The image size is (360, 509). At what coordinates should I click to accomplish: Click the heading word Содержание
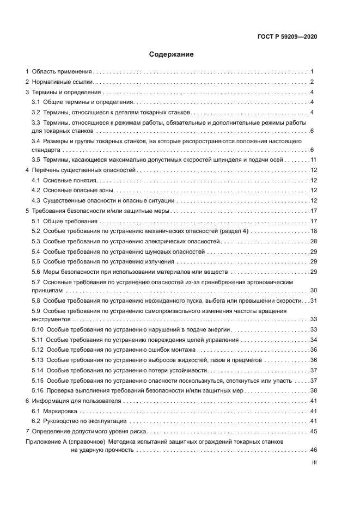point(172,54)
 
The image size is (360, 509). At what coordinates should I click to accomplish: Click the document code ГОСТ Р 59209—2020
point(287,36)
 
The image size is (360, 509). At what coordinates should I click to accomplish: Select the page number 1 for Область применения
point(312,71)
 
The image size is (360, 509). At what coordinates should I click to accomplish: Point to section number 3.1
point(36,102)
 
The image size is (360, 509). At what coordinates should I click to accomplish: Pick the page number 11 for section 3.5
point(313,160)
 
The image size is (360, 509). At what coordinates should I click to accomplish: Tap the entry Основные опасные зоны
point(79,191)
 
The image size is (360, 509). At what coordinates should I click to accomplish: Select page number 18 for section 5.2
point(313,231)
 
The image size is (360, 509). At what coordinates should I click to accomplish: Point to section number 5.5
point(36,262)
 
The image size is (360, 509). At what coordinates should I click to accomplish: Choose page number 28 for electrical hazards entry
point(313,241)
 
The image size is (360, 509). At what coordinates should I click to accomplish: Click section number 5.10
point(38,329)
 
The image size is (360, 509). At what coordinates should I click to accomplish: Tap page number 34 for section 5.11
point(313,340)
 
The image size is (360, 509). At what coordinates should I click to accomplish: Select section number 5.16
point(38,390)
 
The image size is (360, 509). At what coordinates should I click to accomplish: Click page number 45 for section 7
point(313,431)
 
